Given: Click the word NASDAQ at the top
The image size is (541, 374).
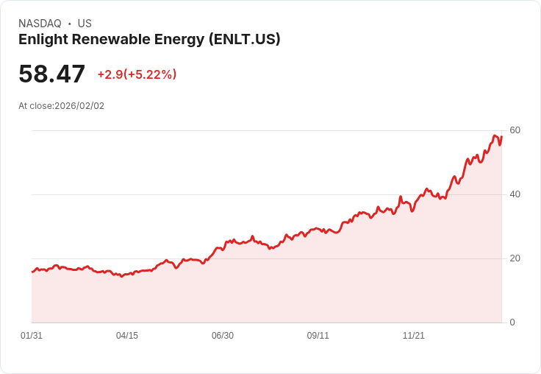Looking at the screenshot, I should (x=40, y=24).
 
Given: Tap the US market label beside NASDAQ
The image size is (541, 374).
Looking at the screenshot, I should (x=85, y=24).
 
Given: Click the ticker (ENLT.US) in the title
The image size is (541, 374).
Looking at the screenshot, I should (x=244, y=40).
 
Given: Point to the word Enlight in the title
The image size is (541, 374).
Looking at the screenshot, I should (x=41, y=40).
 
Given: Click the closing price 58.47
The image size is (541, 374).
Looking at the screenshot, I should (x=52, y=74).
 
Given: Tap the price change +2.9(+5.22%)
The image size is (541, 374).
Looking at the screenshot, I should (x=137, y=74).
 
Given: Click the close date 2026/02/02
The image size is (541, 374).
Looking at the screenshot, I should (x=79, y=106).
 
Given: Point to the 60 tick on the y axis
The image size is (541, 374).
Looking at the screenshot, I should (x=515, y=130).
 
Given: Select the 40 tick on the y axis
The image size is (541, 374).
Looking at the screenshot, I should (x=515, y=194).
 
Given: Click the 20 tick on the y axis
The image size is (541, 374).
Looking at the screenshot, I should (x=515, y=258).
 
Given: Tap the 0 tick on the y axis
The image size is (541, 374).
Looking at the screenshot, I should (x=512, y=322).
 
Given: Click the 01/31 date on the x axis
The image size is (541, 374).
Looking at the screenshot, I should (x=32, y=336).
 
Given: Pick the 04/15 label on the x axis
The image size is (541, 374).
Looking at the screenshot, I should (x=127, y=336).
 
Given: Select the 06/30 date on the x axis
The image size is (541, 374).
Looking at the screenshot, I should (x=223, y=336).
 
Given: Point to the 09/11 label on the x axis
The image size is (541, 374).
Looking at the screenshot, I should (x=318, y=336).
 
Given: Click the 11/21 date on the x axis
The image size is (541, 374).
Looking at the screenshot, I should (x=414, y=336).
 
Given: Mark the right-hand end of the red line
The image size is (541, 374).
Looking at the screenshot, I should (x=501, y=136).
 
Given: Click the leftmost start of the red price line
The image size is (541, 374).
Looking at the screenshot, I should (x=32, y=272).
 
